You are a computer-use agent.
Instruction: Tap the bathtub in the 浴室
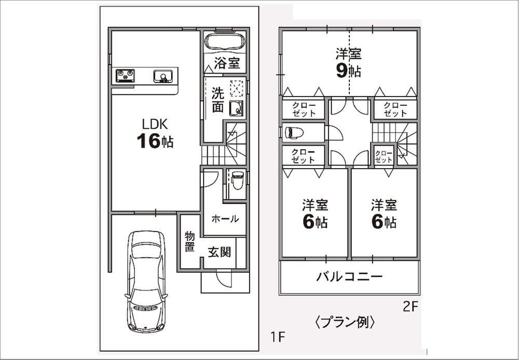[224, 41]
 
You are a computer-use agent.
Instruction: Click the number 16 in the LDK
[147, 141]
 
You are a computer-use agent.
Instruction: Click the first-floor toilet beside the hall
[237, 181]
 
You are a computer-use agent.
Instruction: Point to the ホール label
[225, 219]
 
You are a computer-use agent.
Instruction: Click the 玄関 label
[220, 253]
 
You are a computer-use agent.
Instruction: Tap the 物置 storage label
[190, 241]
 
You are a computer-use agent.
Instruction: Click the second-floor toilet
[293, 132]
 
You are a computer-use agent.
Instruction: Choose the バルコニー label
[349, 276]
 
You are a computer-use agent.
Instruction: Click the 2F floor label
[410, 307]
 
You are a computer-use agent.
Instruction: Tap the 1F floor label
[278, 337]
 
